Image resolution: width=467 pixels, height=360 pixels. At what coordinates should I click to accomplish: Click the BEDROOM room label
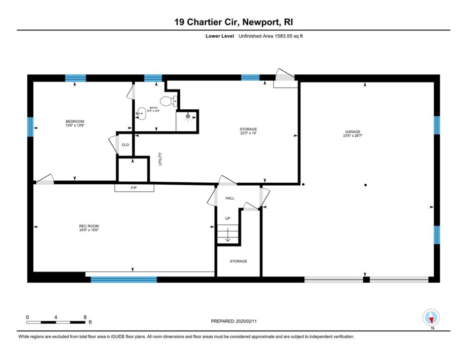[x=75, y=121]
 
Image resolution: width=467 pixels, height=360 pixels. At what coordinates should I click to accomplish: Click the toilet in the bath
[x=167, y=101]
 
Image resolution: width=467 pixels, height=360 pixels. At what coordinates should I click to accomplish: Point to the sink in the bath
[x=140, y=113]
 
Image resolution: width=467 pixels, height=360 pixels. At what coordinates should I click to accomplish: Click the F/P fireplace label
[x=134, y=188]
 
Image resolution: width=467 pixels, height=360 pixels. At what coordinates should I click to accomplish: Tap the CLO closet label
[x=125, y=145]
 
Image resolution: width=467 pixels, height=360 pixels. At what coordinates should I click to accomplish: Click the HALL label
[x=230, y=198]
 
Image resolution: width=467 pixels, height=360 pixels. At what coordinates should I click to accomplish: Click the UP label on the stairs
[x=228, y=218]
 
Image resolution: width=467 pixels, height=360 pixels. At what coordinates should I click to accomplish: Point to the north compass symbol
[x=430, y=318]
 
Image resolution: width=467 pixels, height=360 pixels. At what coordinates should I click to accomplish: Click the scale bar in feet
[x=56, y=322]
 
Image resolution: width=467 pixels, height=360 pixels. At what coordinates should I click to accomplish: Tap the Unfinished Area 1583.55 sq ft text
[x=271, y=36]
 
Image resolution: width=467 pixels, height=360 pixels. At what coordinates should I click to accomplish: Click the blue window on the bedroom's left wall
[x=31, y=127]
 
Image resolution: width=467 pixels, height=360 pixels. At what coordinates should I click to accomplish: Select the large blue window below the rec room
[x=123, y=279]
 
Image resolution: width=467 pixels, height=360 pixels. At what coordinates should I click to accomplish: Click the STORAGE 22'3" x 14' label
[x=248, y=131]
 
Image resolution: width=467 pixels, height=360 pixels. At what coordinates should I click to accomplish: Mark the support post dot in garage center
[x=366, y=185]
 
